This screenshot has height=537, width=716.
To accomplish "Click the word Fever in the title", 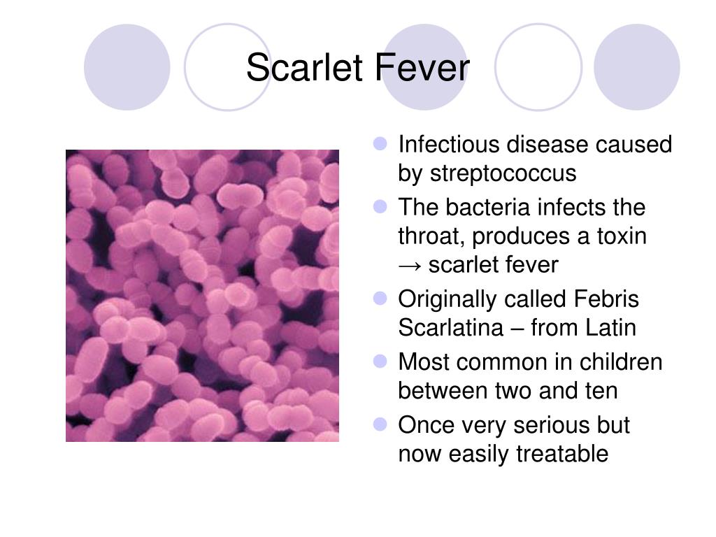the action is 422,67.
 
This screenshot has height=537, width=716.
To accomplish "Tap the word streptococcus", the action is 503,174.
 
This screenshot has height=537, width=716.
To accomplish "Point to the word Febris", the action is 606,299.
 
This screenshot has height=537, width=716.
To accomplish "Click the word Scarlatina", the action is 451,328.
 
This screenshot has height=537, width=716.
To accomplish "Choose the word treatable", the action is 562,454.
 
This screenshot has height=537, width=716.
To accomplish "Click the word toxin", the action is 622,236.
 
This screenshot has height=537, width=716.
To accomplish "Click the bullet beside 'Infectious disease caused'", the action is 380,144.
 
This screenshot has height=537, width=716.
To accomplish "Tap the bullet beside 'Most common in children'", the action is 380,361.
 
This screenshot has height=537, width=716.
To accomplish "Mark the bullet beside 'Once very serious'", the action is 380,424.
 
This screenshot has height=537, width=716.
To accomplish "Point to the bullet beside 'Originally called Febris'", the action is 380,299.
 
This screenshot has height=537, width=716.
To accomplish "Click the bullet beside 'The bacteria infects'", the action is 380,207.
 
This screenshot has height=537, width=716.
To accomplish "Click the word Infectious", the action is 450,144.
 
